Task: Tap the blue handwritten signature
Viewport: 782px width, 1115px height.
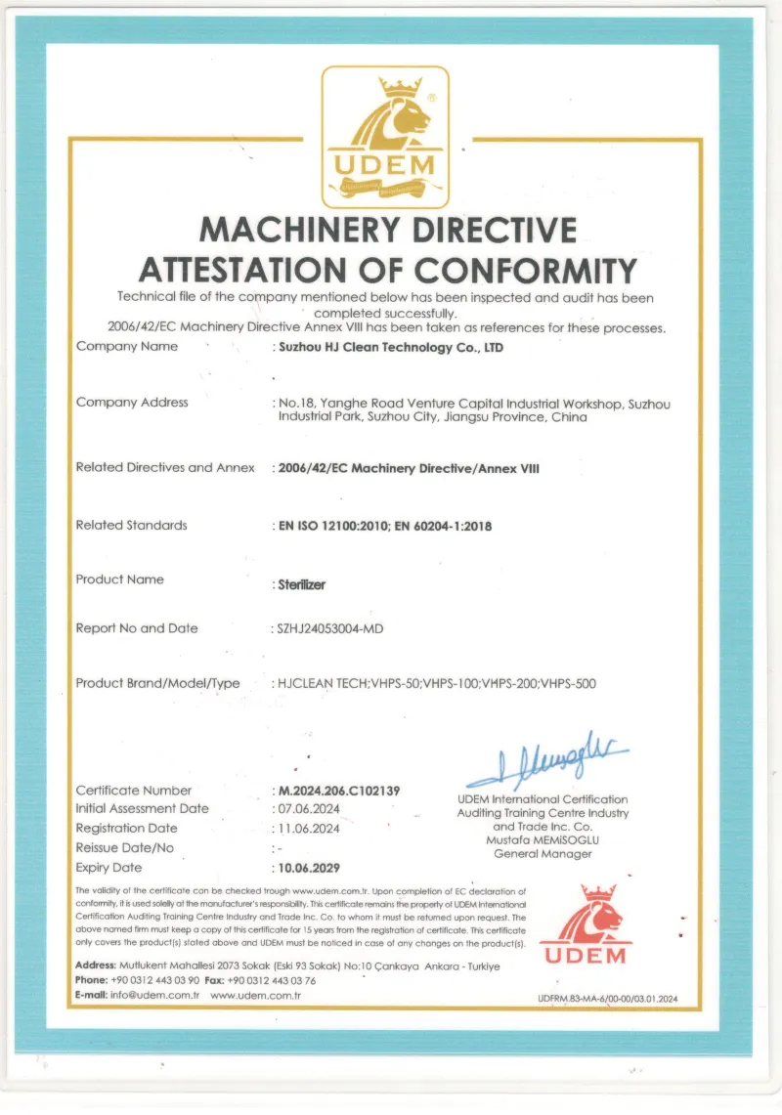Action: click(548, 763)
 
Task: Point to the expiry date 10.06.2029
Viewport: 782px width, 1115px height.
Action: click(310, 867)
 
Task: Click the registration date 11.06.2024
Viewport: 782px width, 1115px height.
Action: click(309, 829)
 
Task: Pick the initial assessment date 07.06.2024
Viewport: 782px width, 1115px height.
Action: click(309, 809)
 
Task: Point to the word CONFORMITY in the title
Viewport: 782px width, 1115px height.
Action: click(525, 269)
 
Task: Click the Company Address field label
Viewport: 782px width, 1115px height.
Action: click(132, 402)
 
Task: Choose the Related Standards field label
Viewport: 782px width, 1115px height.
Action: click(131, 525)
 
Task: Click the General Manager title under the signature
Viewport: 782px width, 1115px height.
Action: click(543, 853)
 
